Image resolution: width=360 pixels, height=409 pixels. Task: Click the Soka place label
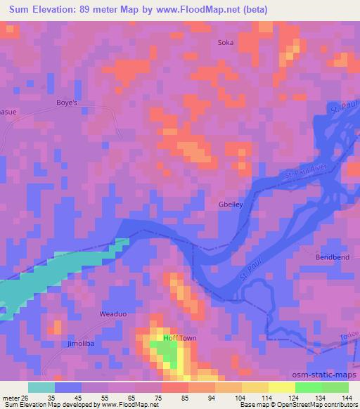[x=226, y=42]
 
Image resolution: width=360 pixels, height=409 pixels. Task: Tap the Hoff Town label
[x=180, y=338]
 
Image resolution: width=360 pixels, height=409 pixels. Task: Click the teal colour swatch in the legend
[x=41, y=387]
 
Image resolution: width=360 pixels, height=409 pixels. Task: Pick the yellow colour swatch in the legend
[x=255, y=387]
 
